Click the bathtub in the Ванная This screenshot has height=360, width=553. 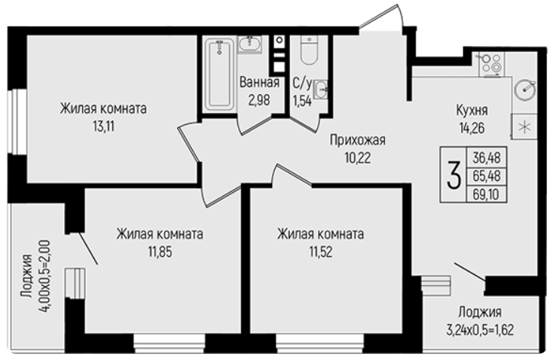click(x=219, y=74)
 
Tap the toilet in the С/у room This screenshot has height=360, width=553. click(x=310, y=50)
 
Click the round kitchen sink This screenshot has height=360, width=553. click(x=525, y=89)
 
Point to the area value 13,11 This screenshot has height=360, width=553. click(x=104, y=126)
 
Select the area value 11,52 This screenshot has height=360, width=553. click(x=321, y=252)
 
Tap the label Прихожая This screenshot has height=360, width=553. click(x=358, y=140)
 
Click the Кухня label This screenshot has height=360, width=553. click(x=472, y=111)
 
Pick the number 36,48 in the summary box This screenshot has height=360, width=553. click(x=487, y=157)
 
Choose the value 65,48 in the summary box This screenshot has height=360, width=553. click(x=487, y=175)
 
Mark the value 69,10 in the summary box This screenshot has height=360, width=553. click(x=486, y=194)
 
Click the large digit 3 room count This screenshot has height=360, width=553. click(x=454, y=175)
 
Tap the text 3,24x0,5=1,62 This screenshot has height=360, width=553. click(x=480, y=331)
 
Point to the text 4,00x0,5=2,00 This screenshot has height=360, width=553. click(x=45, y=275)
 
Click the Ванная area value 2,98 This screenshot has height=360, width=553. click(x=259, y=100)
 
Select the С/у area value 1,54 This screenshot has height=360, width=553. click(x=302, y=101)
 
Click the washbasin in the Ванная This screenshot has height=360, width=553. click(x=249, y=44)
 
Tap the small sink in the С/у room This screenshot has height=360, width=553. click(x=321, y=89)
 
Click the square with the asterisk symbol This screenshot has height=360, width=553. click(x=524, y=127)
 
